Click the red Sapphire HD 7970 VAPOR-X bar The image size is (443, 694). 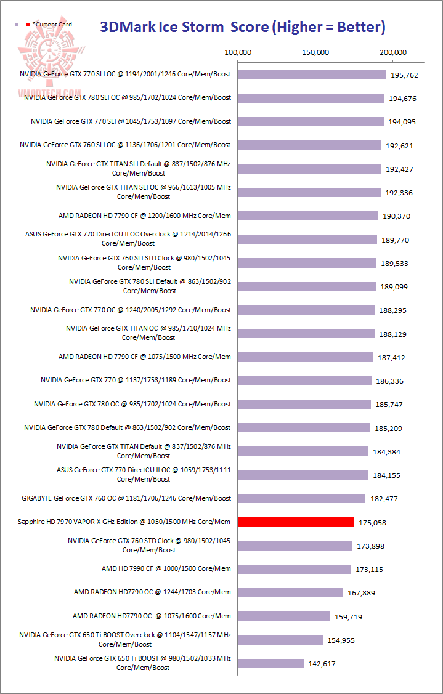click(x=296, y=522)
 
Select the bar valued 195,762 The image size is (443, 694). click(x=312, y=75)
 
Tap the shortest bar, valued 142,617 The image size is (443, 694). click(x=270, y=663)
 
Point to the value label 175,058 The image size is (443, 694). click(x=372, y=522)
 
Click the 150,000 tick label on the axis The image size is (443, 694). click(x=315, y=52)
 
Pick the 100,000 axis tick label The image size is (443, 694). click(x=237, y=52)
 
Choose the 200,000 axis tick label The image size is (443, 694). click(x=392, y=52)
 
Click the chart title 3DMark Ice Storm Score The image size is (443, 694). click(x=243, y=27)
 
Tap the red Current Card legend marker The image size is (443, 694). click(x=28, y=25)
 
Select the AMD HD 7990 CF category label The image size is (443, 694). click(x=166, y=568)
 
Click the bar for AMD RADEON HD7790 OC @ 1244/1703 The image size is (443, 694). click(x=290, y=592)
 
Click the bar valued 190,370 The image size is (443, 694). click(x=307, y=216)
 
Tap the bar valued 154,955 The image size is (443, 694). click(x=280, y=640)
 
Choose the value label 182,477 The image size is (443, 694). click(x=385, y=499)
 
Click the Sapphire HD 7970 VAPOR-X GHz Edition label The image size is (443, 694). click(x=124, y=522)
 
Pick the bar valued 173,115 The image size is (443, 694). click(x=294, y=569)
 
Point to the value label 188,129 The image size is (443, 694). click(x=391, y=334)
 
